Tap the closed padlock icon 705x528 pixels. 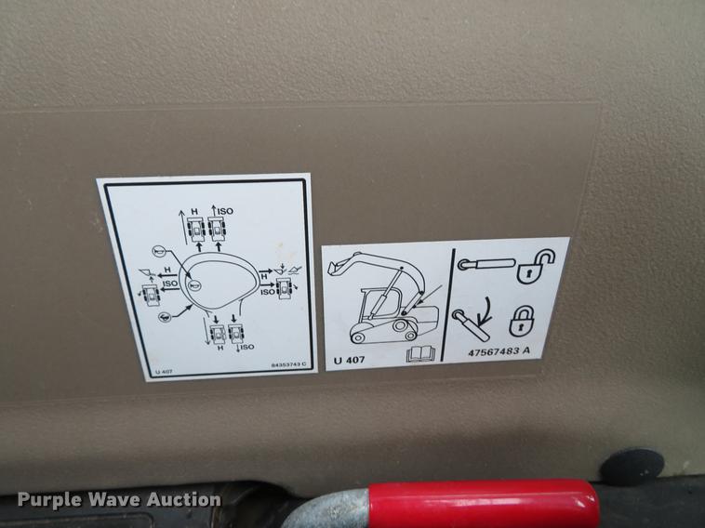(521, 321)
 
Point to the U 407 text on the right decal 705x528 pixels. (351, 358)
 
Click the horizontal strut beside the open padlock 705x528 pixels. (486, 265)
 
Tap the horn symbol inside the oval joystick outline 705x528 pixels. (194, 285)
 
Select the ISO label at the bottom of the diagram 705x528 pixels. (246, 348)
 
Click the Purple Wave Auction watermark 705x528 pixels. (119, 500)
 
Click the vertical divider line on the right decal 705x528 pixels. (453, 304)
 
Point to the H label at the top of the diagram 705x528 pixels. (194, 212)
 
